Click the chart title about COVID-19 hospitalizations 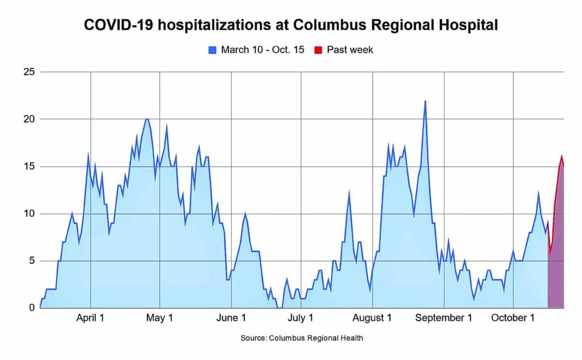click(291, 25)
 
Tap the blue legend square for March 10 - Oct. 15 click(212, 50)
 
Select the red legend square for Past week click(319, 50)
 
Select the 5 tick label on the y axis click(32, 261)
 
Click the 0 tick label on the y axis click(32, 308)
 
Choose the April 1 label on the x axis click(91, 318)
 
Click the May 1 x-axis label click(160, 318)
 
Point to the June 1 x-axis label click(231, 318)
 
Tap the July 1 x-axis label click(301, 318)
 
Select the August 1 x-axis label click(372, 318)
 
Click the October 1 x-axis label click(513, 318)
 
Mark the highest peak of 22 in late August click(425, 101)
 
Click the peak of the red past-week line click(562, 157)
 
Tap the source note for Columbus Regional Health click(302, 338)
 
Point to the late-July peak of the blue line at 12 click(349, 194)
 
